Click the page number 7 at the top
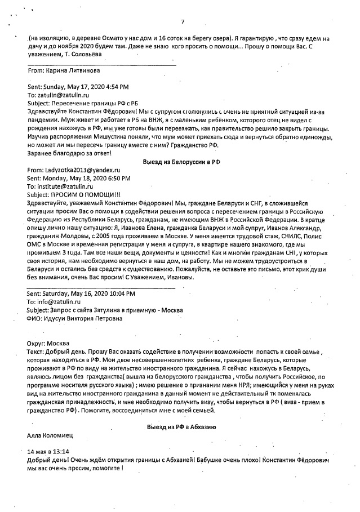183,22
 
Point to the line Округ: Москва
48,344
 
